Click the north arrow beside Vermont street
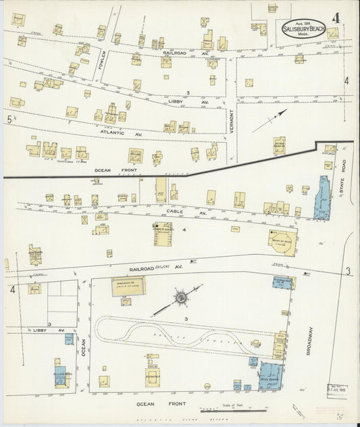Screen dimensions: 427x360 click(x=272, y=118)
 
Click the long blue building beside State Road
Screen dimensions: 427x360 click(x=321, y=196)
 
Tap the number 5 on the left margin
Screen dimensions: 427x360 click(x=9, y=119)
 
